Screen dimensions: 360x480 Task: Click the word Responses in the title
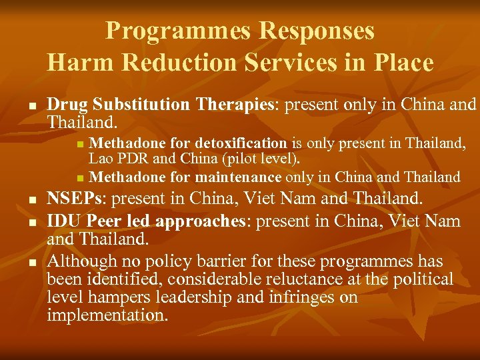coord(317,31)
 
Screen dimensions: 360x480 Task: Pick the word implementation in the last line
coord(107,315)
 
